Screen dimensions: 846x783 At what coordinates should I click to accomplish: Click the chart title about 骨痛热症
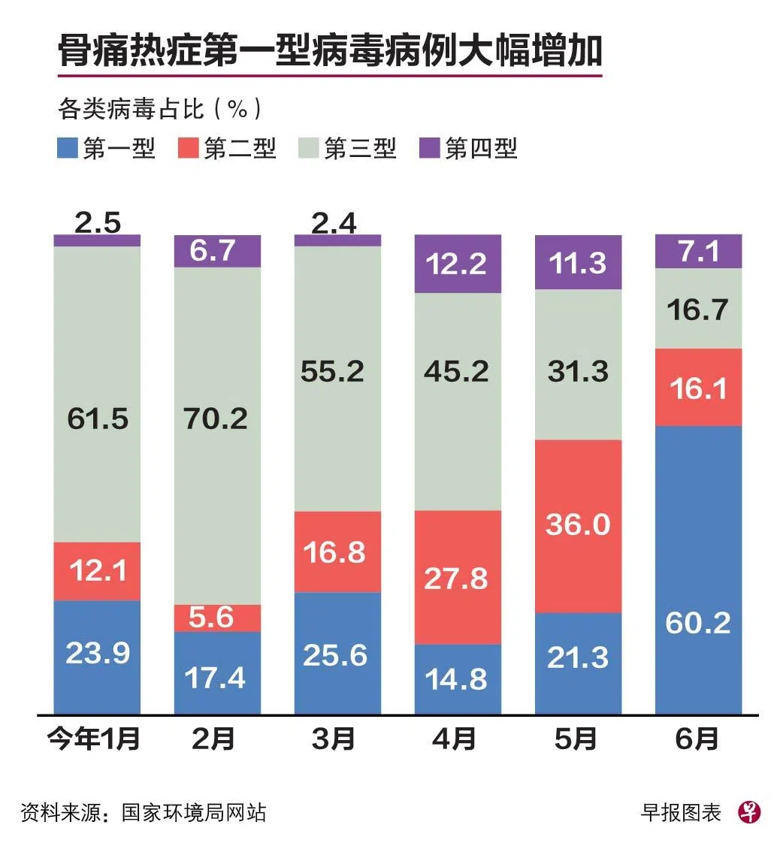tap(330, 51)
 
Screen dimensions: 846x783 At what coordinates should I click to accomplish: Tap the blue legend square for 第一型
tap(68, 148)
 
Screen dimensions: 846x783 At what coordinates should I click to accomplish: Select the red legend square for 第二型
tap(189, 148)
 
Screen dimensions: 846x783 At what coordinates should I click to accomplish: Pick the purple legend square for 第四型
tap(429, 148)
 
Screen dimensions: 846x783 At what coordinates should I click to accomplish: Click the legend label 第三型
tap(360, 148)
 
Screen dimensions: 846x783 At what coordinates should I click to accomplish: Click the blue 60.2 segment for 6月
tap(698, 570)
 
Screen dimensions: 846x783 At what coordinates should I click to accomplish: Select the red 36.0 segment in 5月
tap(578, 526)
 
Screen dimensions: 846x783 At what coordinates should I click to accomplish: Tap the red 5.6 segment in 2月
tap(217, 618)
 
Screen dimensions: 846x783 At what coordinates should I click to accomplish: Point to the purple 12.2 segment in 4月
tap(458, 264)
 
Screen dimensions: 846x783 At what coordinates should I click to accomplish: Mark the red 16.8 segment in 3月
tap(337, 551)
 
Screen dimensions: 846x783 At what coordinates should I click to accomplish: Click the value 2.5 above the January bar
tap(97, 223)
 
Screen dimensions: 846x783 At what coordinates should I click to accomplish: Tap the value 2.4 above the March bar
tap(337, 223)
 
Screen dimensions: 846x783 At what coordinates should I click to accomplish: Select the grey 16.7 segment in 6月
tap(698, 309)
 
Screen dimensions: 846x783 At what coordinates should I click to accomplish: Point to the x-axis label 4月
tap(455, 739)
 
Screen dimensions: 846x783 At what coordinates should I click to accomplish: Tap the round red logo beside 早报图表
tap(749, 812)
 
